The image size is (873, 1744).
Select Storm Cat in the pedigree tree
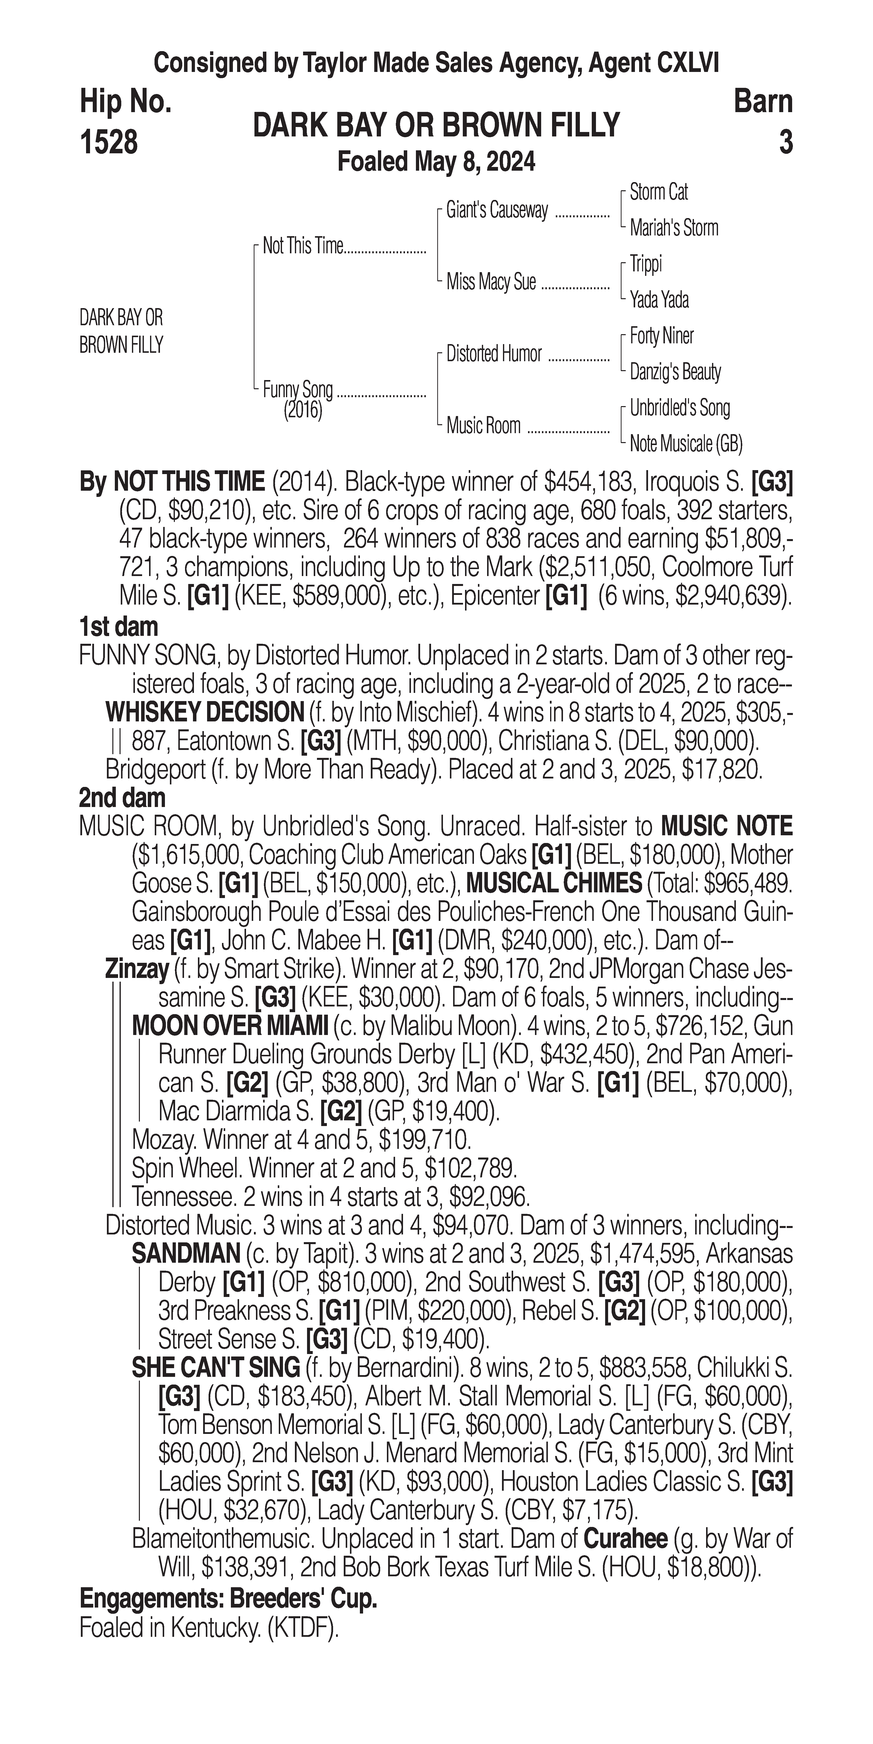(658, 192)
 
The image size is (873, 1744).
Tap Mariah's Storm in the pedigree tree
(673, 228)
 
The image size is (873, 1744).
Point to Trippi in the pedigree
(646, 264)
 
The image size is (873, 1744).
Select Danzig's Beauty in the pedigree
(675, 372)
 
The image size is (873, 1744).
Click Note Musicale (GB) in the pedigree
(686, 444)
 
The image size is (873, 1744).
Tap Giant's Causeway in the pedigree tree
(497, 211)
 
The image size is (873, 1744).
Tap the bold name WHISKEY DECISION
(204, 712)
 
